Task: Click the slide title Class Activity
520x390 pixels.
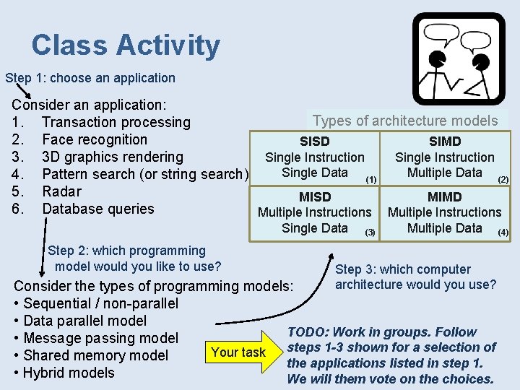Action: pyautogui.click(x=126, y=45)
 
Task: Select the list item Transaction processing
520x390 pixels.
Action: pyautogui.click(x=116, y=122)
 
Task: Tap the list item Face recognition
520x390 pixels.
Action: pyautogui.click(x=95, y=139)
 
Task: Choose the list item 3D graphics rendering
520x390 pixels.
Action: pyautogui.click(x=113, y=157)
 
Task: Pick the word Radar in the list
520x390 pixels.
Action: pyautogui.click(x=61, y=191)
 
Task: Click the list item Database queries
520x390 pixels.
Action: pyautogui.click(x=98, y=209)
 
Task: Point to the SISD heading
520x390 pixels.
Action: pyautogui.click(x=314, y=142)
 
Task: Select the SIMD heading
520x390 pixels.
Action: pyautogui.click(x=444, y=142)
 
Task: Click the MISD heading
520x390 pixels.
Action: pyautogui.click(x=315, y=196)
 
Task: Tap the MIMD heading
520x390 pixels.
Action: pyautogui.click(x=444, y=196)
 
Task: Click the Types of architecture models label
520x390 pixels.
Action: pyautogui.click(x=405, y=121)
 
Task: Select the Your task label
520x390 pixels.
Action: pyautogui.click(x=238, y=352)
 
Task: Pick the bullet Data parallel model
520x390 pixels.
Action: pyautogui.click(x=84, y=321)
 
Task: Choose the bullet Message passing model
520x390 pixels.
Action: pyautogui.click(x=100, y=338)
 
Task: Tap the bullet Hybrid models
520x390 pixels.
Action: pyautogui.click(x=69, y=373)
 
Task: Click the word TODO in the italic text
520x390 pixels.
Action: pyautogui.click(x=308, y=332)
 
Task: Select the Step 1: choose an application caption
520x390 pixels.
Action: pyautogui.click(x=90, y=77)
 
